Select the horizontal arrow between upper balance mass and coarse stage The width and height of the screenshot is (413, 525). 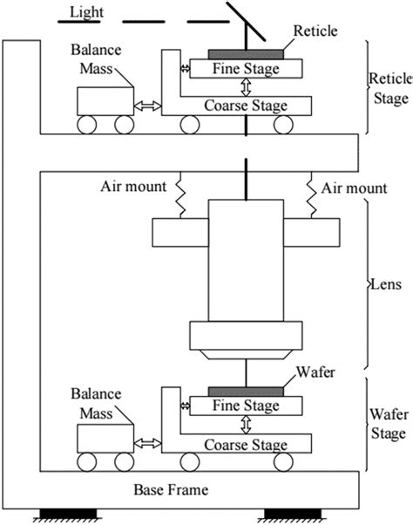pyautogui.click(x=146, y=105)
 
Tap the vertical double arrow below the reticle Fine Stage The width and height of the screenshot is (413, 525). pyautogui.click(x=247, y=86)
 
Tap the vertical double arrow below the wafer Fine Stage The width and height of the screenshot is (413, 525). pyautogui.click(x=247, y=425)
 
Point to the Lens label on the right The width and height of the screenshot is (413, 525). pyautogui.click(x=384, y=284)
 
